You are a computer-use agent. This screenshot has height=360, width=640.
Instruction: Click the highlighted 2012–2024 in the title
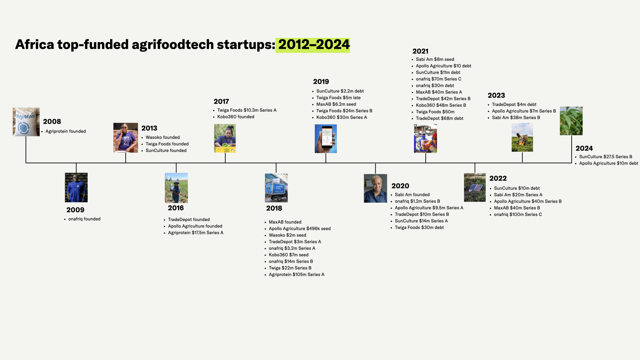point(314,45)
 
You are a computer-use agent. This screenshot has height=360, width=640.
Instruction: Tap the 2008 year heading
point(52,122)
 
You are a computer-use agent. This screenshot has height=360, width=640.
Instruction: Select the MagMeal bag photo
point(26,122)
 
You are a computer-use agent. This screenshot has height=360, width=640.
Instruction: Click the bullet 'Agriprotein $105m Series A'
point(296,275)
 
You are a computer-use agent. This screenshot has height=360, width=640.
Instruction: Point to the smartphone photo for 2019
point(326,139)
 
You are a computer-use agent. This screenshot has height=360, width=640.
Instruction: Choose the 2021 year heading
point(420,51)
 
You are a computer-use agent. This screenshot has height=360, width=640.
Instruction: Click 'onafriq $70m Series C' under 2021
point(438,79)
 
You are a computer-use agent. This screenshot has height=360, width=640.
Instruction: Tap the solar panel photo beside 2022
point(475,187)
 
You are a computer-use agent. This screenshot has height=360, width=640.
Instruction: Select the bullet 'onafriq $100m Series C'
point(518,215)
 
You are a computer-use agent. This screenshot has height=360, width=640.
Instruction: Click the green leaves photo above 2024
point(571,121)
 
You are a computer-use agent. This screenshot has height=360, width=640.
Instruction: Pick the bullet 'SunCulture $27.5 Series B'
point(605,157)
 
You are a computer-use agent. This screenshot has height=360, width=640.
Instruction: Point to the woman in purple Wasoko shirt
point(126,138)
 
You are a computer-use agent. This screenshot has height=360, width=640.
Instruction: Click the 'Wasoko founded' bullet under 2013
point(162,137)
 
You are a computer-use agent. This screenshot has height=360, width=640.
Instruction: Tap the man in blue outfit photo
point(76,187)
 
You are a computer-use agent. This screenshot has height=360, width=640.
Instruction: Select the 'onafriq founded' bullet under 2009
point(84,219)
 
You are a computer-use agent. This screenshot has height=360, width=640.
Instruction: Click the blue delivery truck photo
point(276,188)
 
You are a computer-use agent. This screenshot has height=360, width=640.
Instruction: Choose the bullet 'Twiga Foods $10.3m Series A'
point(247,110)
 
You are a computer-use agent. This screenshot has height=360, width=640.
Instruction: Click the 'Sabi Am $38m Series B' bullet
point(516,118)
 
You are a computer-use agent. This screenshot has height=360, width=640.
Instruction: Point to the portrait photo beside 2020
point(375,188)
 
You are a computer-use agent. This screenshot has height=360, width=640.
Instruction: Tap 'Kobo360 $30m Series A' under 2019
point(341,117)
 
